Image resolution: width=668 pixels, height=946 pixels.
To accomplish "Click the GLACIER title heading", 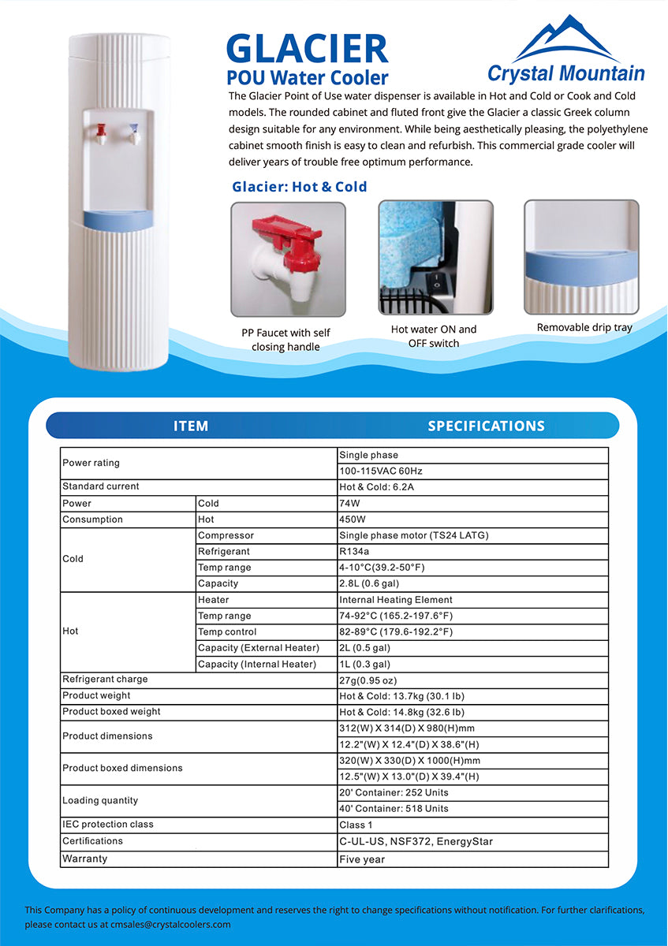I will pyautogui.click(x=307, y=49).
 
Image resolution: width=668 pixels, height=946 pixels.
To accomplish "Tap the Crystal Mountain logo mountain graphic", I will pyautogui.click(x=565, y=39).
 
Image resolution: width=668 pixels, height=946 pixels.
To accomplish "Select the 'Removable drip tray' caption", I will pyautogui.click(x=584, y=327).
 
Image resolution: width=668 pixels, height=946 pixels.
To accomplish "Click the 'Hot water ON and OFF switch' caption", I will pyautogui.click(x=434, y=337).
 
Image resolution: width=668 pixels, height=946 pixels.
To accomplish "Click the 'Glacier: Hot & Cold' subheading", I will pyautogui.click(x=299, y=187).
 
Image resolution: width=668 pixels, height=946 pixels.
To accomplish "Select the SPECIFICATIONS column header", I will pyautogui.click(x=486, y=426).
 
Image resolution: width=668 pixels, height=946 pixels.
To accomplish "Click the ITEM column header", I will pyautogui.click(x=191, y=426).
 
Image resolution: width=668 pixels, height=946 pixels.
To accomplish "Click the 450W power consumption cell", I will pyautogui.click(x=353, y=520).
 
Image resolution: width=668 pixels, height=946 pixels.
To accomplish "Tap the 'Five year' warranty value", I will pyautogui.click(x=362, y=859).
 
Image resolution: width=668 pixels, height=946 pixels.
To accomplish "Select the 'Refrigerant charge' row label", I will pyautogui.click(x=105, y=680).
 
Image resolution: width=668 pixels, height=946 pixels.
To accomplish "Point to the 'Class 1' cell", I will pyautogui.click(x=356, y=825).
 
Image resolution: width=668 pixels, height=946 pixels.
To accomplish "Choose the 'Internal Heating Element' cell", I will pyautogui.click(x=396, y=600).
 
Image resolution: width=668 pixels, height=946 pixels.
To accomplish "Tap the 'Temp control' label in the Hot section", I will pyautogui.click(x=227, y=632).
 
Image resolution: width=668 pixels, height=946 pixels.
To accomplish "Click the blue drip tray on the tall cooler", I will pyautogui.click(x=118, y=218).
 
